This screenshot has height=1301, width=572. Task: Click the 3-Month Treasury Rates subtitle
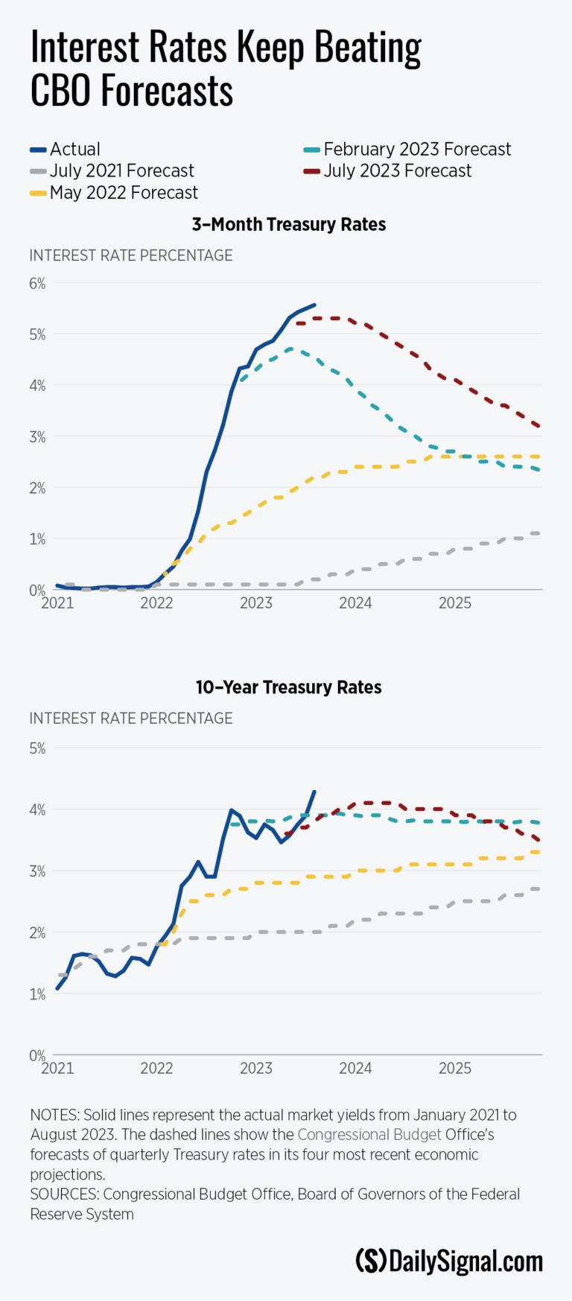[289, 224]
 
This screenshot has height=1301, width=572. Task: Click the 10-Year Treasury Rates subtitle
[289, 687]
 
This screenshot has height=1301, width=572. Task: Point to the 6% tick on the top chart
[37, 284]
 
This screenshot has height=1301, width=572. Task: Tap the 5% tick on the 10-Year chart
[37, 748]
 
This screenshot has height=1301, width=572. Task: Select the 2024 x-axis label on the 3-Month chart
[355, 602]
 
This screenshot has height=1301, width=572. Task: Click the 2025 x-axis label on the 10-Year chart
[454, 1068]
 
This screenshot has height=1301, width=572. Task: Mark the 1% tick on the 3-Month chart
[37, 538]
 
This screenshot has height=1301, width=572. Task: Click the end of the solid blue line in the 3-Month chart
[314, 305]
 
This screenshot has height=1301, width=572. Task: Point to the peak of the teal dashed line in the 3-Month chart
[290, 349]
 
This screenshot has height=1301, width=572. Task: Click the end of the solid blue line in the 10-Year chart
[314, 792]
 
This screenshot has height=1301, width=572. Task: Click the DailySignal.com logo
[449, 1261]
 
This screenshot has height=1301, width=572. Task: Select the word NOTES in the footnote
[54, 1115]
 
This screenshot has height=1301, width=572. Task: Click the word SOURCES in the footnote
[64, 1194]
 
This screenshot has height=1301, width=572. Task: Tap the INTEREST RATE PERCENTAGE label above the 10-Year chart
[131, 718]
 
